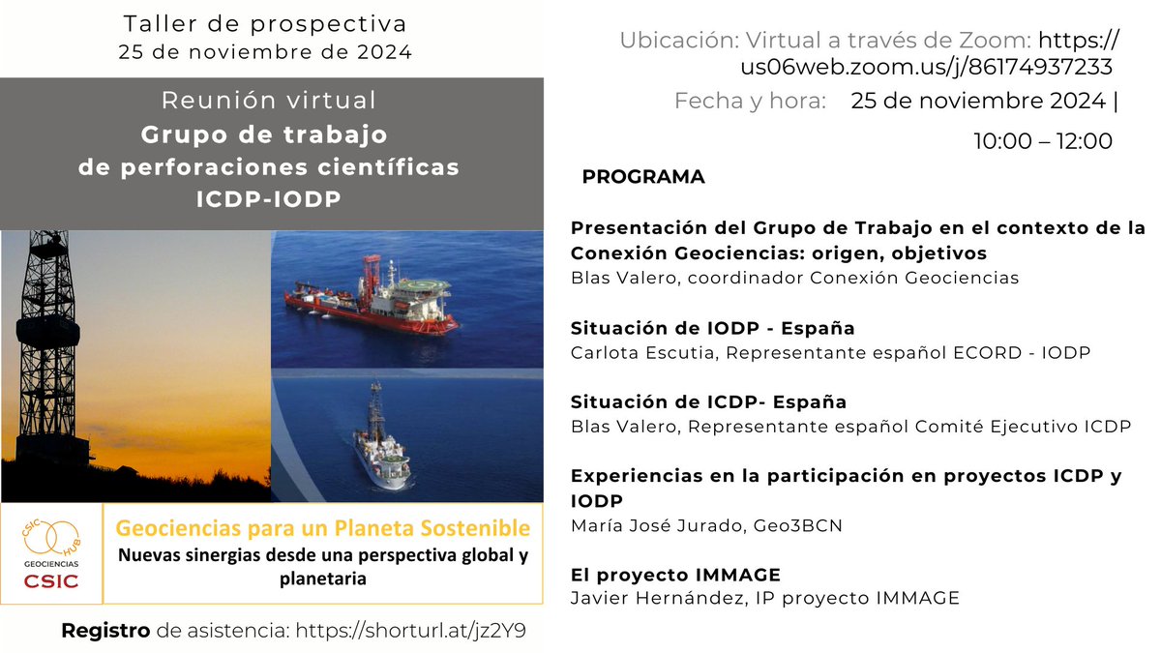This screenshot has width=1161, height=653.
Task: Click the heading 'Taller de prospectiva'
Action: coord(266,23)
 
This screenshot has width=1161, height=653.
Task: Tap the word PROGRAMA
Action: coord(643,177)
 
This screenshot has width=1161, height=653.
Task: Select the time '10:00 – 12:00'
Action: coord(1043,141)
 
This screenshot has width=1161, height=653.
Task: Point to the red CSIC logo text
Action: coord(50,580)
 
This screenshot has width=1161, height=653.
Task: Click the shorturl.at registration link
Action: coord(411,631)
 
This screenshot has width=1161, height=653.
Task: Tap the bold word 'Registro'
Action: coord(105,631)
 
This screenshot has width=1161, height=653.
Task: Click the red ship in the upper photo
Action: coord(372,297)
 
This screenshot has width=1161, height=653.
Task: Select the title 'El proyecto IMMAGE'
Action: coord(675,575)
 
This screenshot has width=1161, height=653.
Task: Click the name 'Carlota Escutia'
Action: coord(642,352)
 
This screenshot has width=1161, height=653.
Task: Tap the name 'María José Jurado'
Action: coord(654,525)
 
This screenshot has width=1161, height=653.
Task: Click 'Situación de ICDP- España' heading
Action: coord(708,401)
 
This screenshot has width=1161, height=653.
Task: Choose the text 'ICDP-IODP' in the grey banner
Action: coord(268,198)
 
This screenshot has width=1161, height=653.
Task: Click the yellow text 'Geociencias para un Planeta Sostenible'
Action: coord(323,528)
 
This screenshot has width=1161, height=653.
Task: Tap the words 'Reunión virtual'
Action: coord(268,101)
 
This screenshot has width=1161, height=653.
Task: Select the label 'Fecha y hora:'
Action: coord(750,101)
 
